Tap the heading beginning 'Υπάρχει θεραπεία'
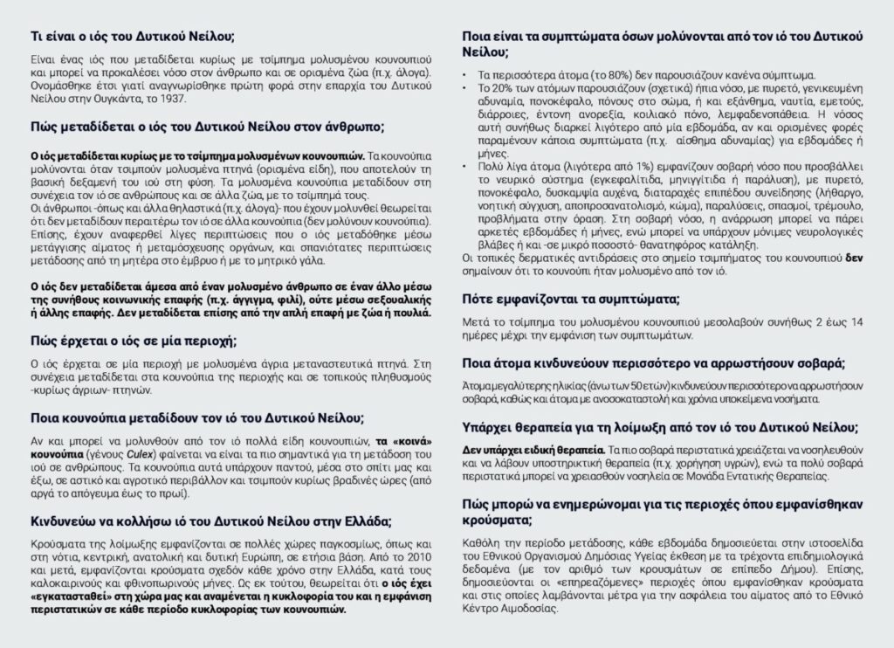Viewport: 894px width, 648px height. (660, 427)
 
